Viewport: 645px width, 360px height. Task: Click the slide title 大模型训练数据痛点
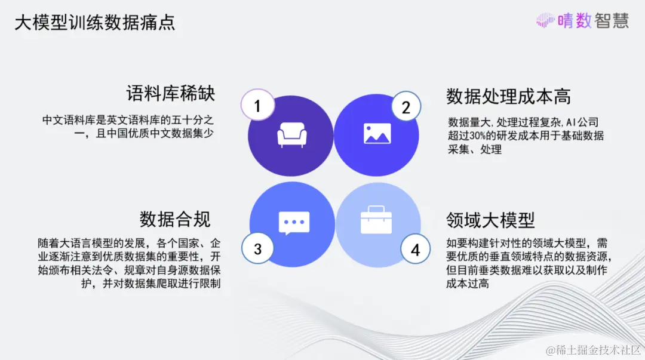click(x=95, y=23)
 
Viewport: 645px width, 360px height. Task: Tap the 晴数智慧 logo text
click(x=593, y=20)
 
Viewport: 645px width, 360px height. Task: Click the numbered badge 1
click(x=257, y=105)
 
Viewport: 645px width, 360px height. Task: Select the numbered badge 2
click(x=406, y=107)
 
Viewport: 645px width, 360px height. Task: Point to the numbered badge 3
click(x=257, y=248)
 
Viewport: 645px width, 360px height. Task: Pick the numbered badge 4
click(x=415, y=250)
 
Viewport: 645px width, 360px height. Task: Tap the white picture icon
click(x=377, y=134)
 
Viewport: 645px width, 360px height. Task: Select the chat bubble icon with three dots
click(x=294, y=223)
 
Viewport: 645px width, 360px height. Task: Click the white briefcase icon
click(x=376, y=220)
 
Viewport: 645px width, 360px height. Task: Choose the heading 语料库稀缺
click(x=171, y=93)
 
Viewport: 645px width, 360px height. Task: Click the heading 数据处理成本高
click(x=508, y=96)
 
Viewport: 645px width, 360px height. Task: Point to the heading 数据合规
click(x=175, y=219)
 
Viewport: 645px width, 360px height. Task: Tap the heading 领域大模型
click(x=490, y=220)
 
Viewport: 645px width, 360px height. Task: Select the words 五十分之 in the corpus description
click(x=192, y=120)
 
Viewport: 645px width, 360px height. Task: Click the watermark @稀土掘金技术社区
click(x=593, y=350)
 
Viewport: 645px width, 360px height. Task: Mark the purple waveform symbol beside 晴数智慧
click(x=545, y=20)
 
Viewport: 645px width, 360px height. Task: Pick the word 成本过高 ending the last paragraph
click(x=468, y=284)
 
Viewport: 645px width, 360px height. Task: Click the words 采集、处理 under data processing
click(x=475, y=149)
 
